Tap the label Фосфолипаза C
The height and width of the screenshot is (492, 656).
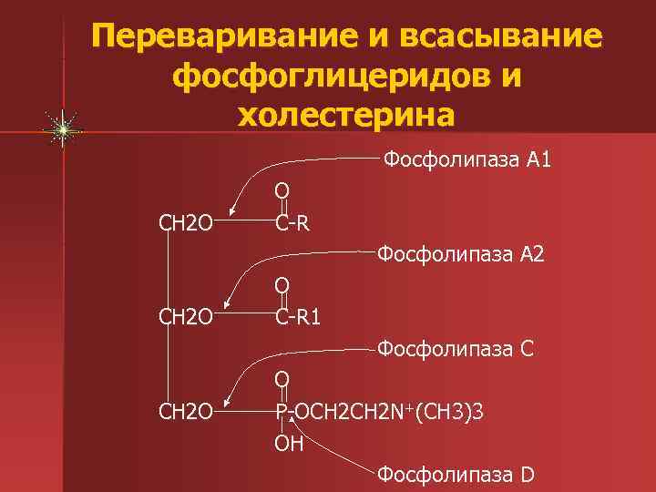point(456,348)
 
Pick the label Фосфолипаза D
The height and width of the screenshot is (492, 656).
point(456,474)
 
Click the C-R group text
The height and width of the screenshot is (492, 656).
point(293,223)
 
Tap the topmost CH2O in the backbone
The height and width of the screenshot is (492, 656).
point(186,223)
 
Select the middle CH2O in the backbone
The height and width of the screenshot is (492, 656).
point(186,318)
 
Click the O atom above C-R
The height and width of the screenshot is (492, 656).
point(282,190)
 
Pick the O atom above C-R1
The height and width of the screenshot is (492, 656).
point(283,286)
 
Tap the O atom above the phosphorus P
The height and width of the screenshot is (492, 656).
point(282,378)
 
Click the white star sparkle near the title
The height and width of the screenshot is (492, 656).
point(62,131)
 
